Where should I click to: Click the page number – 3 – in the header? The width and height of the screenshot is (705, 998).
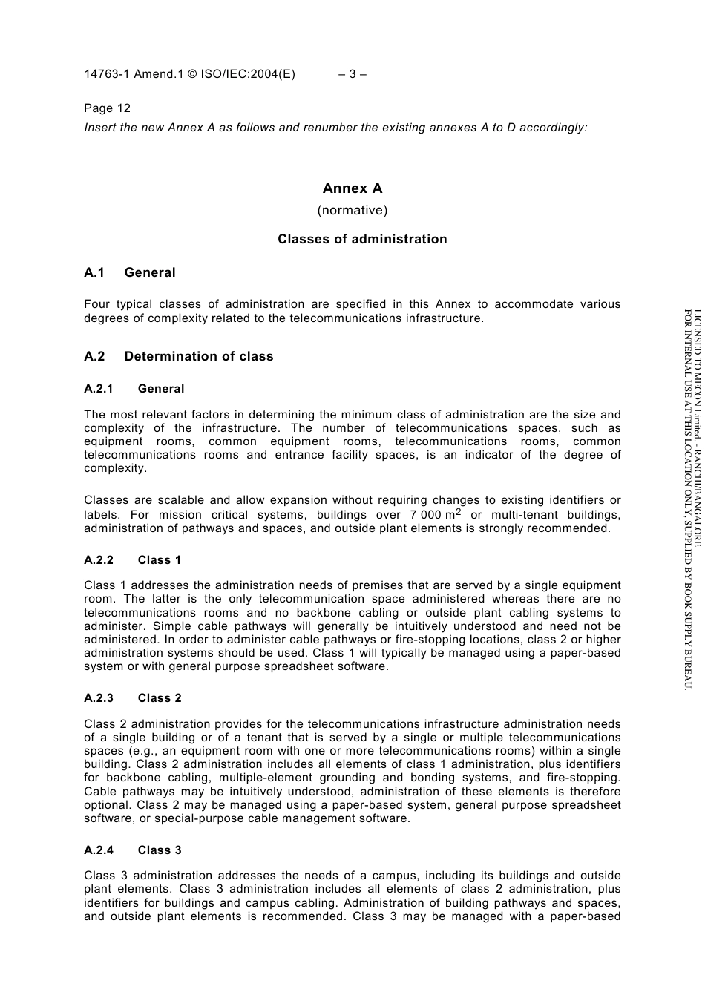352,74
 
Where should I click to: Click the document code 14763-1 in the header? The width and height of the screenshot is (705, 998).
107,74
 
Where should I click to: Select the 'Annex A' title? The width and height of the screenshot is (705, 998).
352,188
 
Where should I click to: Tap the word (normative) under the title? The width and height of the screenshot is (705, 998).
352,210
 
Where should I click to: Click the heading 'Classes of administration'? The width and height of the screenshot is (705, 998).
362,239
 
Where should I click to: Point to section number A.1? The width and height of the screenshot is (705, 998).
94,272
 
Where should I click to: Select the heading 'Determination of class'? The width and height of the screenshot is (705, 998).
199,356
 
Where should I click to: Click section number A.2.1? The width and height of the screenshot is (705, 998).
98,389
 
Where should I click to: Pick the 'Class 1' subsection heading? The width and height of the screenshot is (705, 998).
160,560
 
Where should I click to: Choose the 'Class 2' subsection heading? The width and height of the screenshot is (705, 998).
160,698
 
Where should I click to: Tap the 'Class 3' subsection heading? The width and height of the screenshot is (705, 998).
160,850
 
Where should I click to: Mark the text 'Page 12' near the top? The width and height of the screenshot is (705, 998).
107,108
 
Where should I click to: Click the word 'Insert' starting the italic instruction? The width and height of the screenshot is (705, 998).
100,128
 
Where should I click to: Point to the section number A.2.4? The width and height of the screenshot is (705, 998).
98,850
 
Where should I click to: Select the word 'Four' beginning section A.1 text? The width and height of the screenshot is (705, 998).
97,304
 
